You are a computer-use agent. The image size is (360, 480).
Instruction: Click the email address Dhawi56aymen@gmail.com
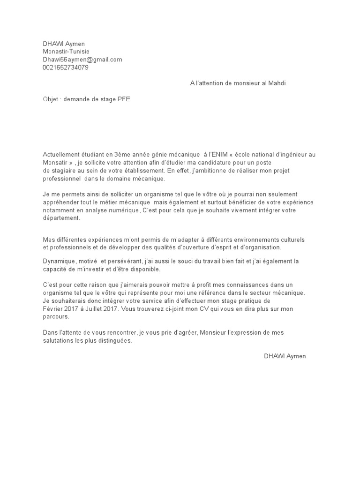click(82, 60)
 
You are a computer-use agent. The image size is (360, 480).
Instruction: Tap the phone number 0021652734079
click(65, 67)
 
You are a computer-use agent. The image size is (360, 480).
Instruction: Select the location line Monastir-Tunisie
click(66, 52)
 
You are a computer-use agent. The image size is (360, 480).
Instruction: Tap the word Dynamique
click(59, 261)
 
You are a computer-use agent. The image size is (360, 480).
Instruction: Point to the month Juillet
click(104, 308)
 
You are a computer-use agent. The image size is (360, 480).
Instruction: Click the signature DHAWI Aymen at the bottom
click(285, 356)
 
